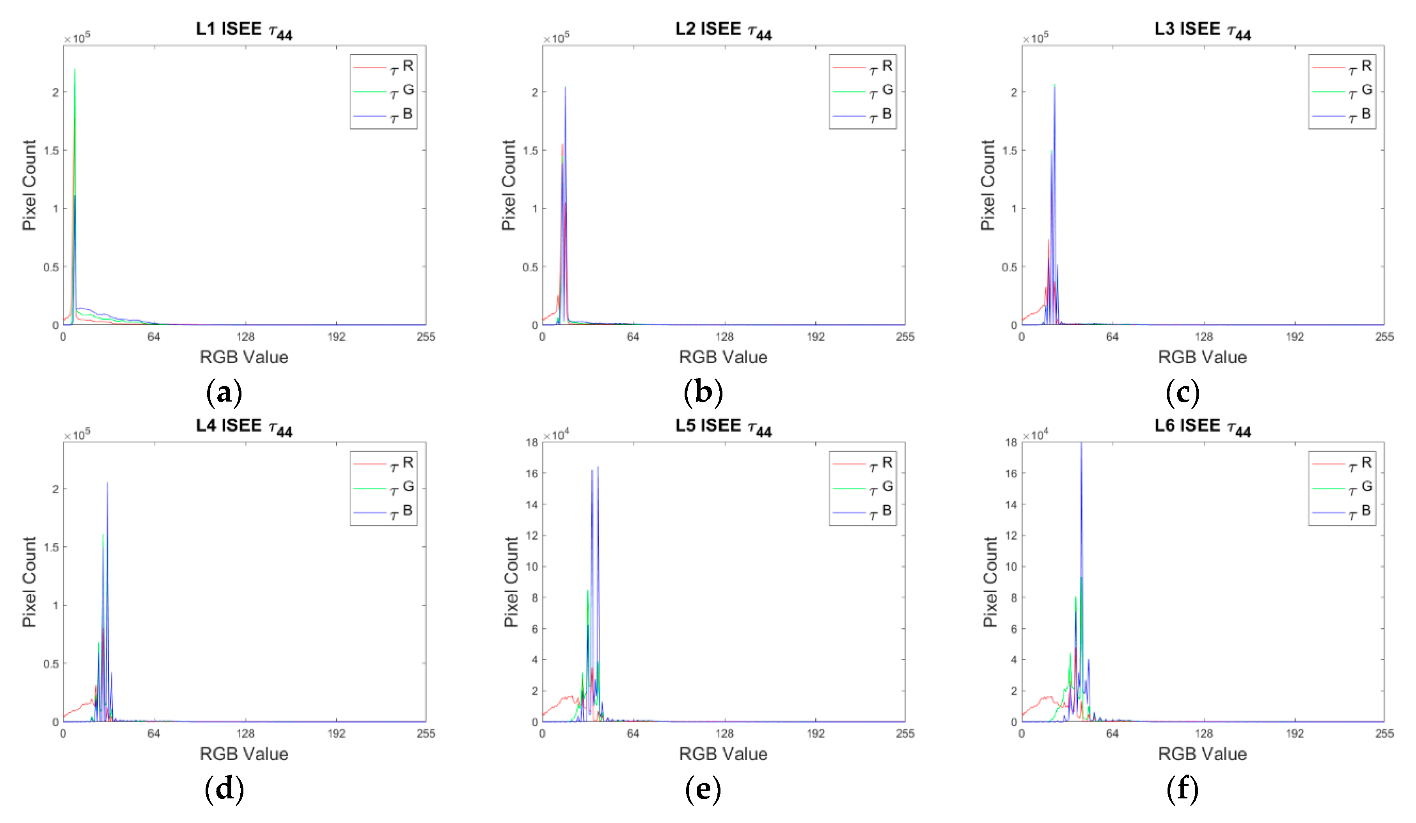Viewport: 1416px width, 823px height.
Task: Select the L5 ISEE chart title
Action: tap(723, 426)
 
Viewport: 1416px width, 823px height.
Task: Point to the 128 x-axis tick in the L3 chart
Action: tap(1204, 337)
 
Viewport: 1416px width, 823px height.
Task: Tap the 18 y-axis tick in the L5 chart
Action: tap(532, 443)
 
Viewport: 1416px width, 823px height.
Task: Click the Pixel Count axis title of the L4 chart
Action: tap(29, 582)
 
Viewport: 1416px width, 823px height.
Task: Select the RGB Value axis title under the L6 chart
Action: tap(1203, 754)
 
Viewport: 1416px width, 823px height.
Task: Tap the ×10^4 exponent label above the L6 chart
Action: tap(1035, 435)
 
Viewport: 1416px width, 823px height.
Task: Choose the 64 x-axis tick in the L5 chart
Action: tap(633, 734)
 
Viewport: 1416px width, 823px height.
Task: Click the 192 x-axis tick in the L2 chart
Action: tap(815, 337)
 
